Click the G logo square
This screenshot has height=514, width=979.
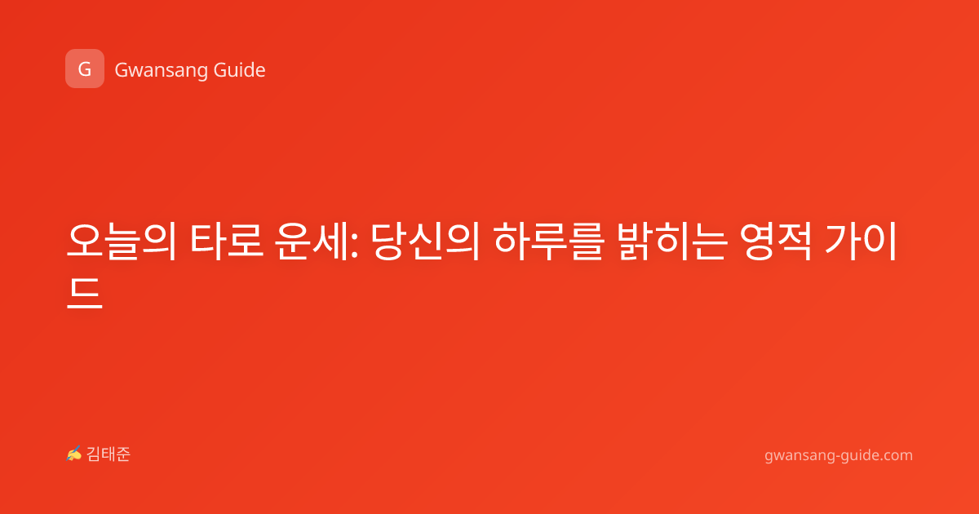click(85, 69)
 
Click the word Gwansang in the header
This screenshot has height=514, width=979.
click(161, 70)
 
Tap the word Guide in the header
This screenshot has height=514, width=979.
click(240, 69)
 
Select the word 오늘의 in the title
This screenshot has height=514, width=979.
click(122, 241)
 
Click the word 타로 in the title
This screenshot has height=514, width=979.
click(227, 241)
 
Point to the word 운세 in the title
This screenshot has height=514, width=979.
click(312, 241)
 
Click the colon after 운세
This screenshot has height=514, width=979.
click(354, 247)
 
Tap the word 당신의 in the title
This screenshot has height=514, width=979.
click(425, 241)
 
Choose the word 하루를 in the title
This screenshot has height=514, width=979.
click(549, 241)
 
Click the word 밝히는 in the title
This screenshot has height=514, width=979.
click(673, 241)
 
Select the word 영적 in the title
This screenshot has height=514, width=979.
click(776, 241)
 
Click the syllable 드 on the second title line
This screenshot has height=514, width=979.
click(85, 293)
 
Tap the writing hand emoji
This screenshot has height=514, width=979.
click(73, 454)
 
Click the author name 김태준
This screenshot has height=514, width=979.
click(109, 454)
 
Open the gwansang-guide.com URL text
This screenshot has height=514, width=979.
click(839, 455)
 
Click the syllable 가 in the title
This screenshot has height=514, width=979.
click(843, 241)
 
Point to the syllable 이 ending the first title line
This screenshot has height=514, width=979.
click(879, 241)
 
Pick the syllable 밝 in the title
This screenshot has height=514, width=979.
click(637, 241)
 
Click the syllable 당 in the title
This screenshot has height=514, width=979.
click(389, 241)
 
